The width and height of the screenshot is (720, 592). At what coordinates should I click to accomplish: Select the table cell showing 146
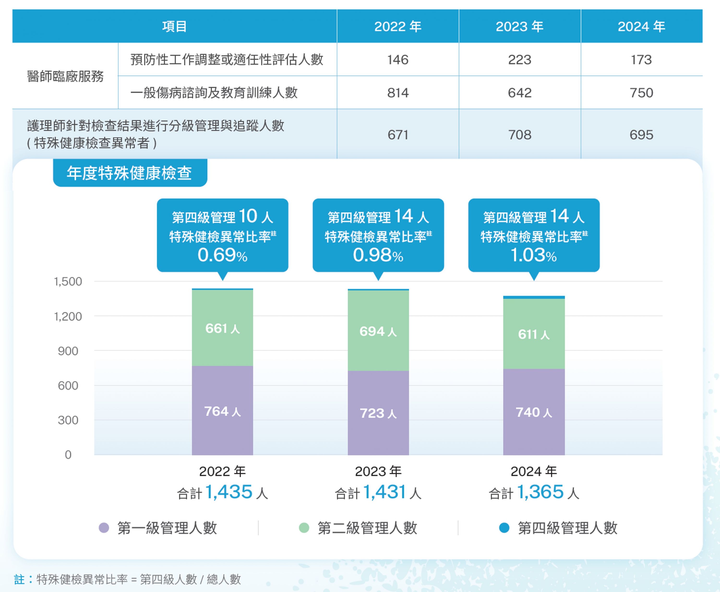point(398,60)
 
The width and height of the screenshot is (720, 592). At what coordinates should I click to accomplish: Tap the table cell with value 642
point(520,93)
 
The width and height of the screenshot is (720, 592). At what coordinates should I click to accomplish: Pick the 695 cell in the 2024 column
point(641,135)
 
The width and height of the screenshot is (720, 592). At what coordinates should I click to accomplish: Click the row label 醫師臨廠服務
point(65,76)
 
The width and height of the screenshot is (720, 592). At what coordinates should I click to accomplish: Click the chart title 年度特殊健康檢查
point(130,173)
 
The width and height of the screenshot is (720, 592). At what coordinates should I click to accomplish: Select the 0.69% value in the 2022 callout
point(222,255)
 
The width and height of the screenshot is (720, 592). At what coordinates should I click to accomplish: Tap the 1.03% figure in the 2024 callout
point(534,255)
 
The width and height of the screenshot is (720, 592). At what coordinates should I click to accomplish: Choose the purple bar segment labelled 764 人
point(222,411)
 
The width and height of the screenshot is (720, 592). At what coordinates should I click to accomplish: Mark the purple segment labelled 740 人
point(534,412)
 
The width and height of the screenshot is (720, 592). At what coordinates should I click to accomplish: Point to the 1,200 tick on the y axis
point(68,317)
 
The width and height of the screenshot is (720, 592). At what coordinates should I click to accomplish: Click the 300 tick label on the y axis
point(68,420)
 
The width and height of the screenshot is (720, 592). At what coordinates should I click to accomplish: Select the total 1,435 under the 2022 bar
point(229,492)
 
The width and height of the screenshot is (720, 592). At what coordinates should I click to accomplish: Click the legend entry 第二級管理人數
point(367,528)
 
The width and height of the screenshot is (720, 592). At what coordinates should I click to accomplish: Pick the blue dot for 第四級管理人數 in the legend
point(504,528)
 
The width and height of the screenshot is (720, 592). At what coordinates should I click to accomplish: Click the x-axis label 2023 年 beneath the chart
point(378,471)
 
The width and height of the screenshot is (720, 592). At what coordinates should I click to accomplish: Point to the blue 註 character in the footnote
point(19,579)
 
